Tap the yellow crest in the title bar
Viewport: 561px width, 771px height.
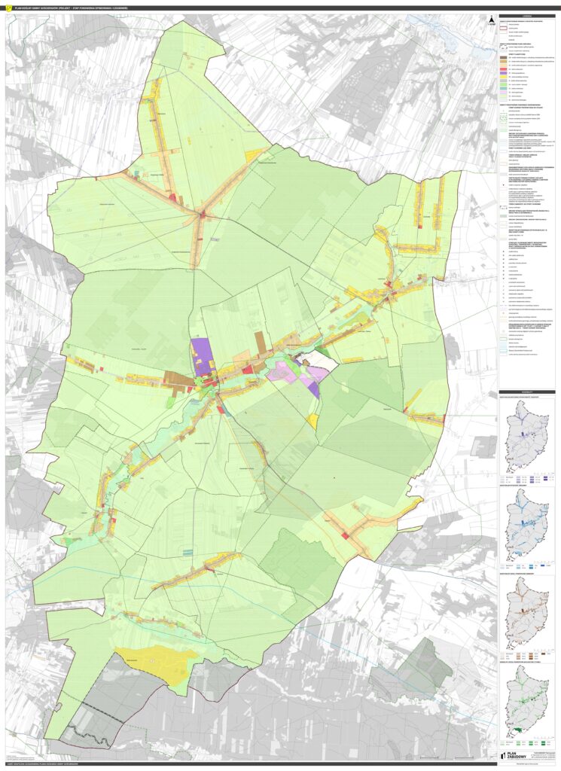coord(6,8)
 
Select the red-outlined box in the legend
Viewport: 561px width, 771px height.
coord(503,29)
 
